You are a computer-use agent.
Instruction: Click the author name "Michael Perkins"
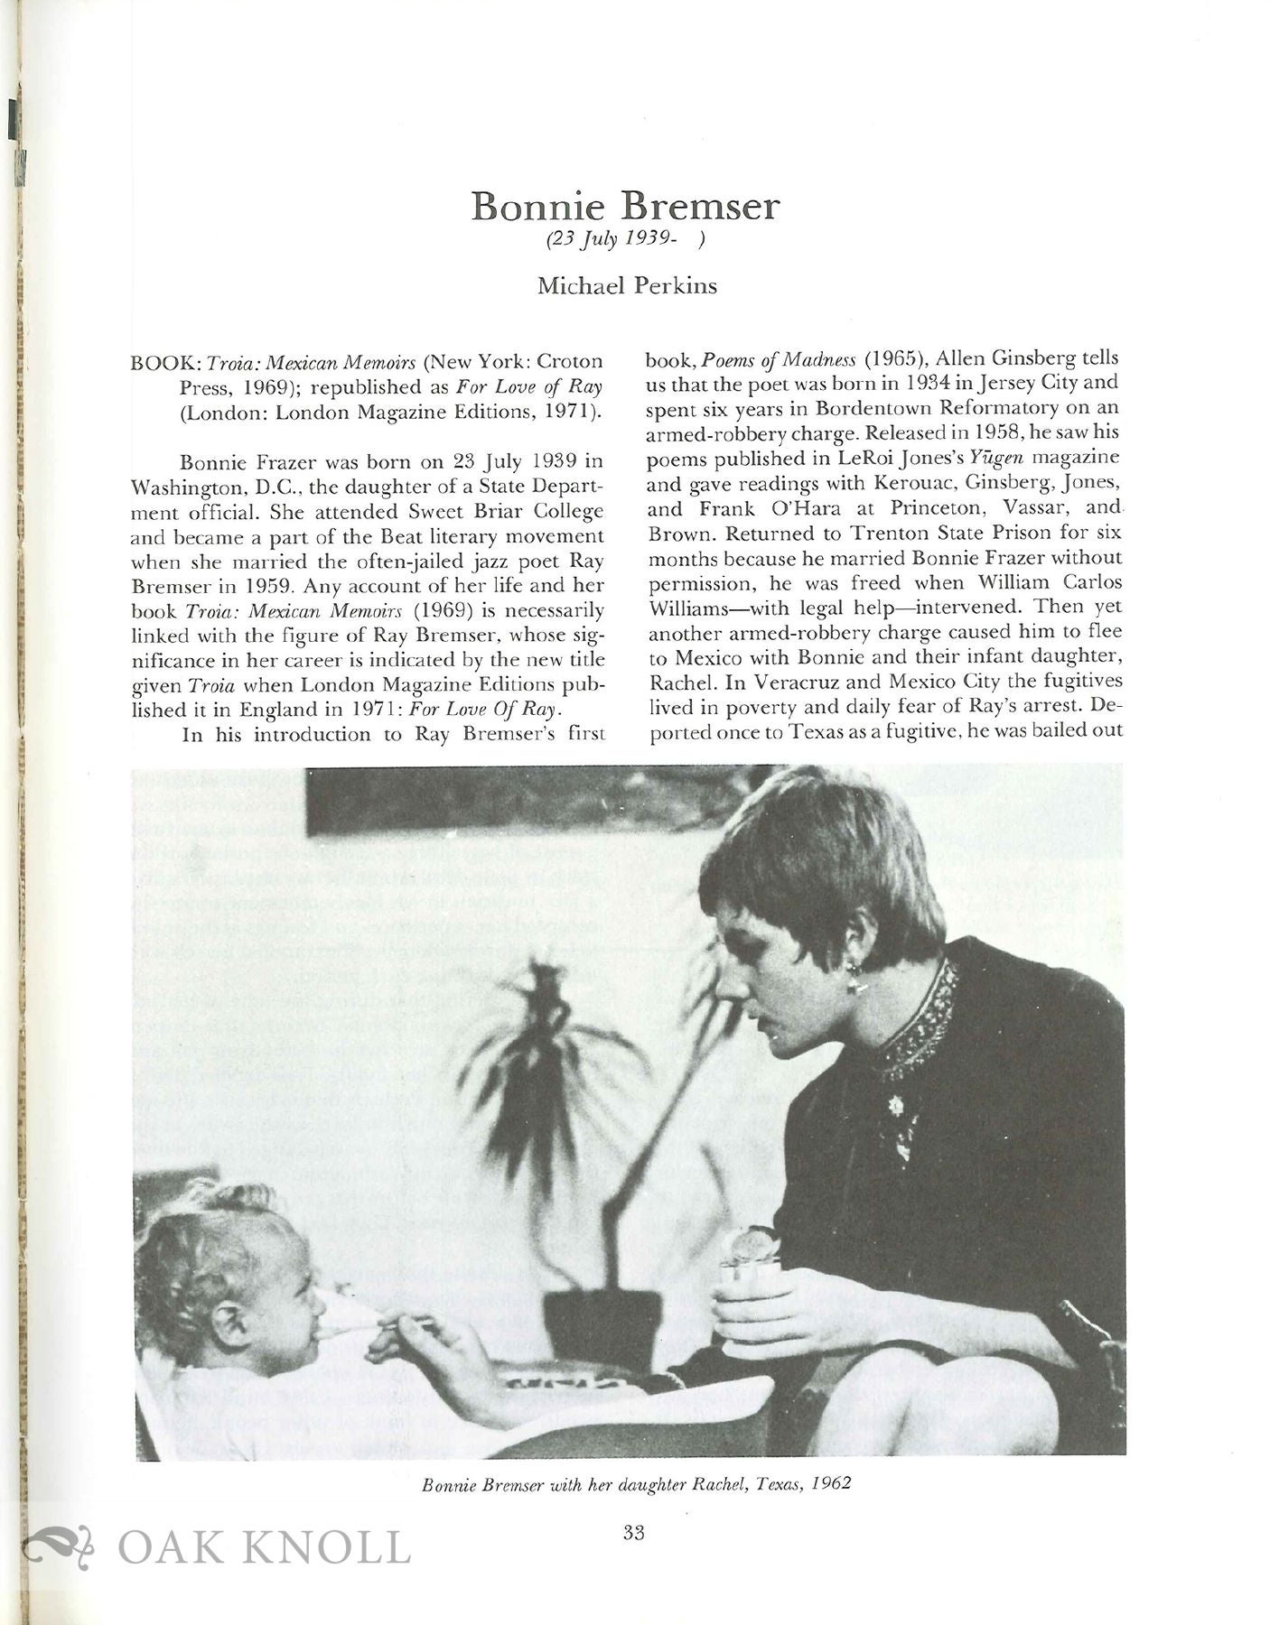coord(627,286)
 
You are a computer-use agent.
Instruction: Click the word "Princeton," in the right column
coord(926,508)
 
